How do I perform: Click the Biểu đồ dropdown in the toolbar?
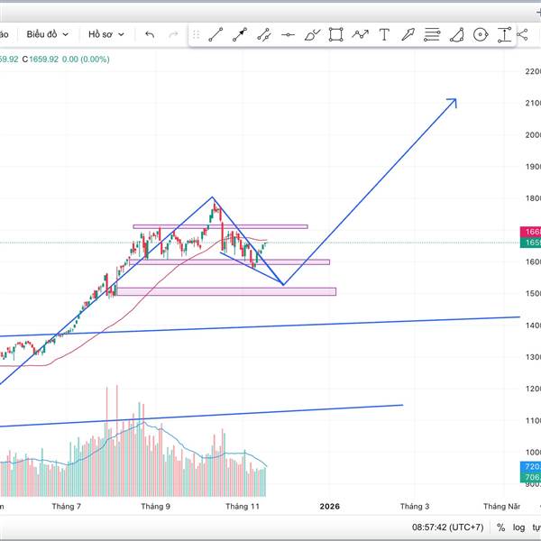pos(47,34)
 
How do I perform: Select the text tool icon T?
pos(384,35)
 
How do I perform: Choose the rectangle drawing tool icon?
pos(336,35)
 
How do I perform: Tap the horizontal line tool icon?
pos(288,35)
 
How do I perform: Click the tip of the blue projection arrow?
pos(455,99)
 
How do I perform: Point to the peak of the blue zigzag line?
pos(213,197)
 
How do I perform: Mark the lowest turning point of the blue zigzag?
pos(283,285)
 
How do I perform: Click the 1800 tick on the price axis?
pos(531,198)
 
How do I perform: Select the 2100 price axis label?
pos(531,104)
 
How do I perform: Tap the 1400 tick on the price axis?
pos(531,326)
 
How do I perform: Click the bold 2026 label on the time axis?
pos(329,507)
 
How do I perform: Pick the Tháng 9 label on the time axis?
pos(155,507)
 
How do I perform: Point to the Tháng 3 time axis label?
pos(415,507)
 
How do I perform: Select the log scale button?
pos(518,527)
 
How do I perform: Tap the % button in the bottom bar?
pos(500,527)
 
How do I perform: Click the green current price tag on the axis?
pos(531,243)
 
